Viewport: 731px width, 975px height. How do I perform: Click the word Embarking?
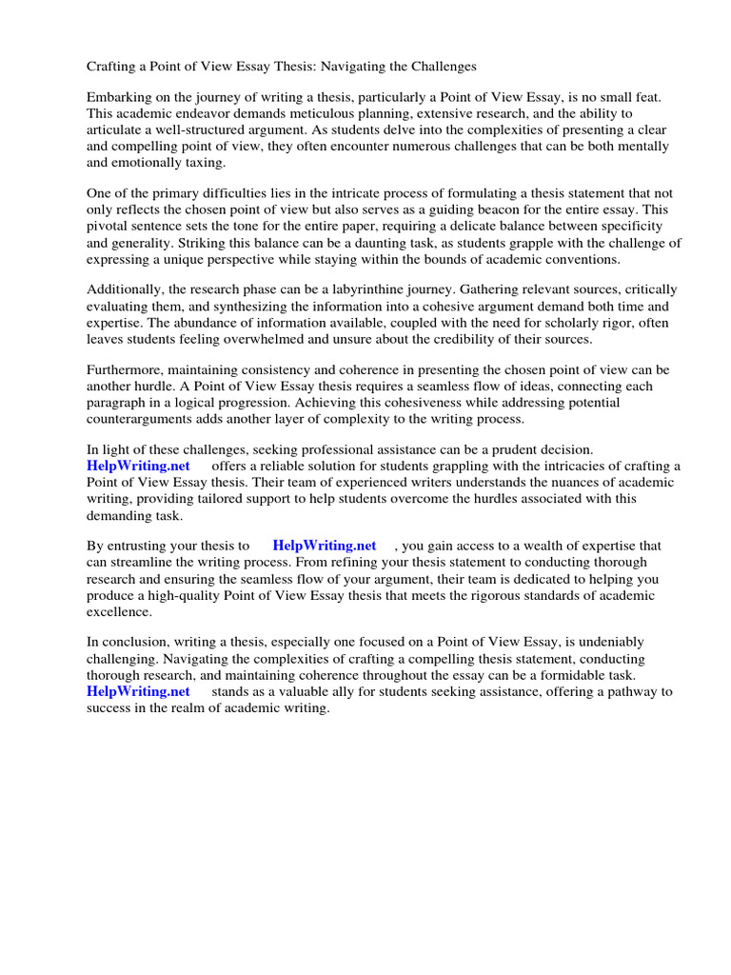pos(120,98)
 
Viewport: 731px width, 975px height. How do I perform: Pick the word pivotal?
pos(109,226)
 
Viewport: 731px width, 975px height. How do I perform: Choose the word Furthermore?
pos(125,369)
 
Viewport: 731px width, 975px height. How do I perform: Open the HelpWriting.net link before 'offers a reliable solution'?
pos(138,466)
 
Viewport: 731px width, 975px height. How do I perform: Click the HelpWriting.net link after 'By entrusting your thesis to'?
pos(325,546)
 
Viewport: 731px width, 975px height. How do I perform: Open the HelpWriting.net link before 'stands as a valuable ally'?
pos(138,691)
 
